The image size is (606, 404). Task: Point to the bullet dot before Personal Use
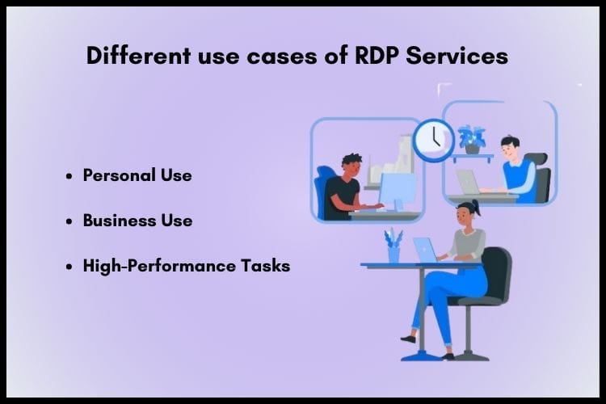(x=71, y=176)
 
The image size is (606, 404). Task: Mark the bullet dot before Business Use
(x=71, y=221)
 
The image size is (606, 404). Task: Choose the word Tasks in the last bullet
(x=268, y=265)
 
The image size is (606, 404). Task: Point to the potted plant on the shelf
(x=471, y=137)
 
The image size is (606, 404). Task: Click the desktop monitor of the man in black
(x=397, y=191)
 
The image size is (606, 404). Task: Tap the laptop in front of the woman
(x=425, y=249)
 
